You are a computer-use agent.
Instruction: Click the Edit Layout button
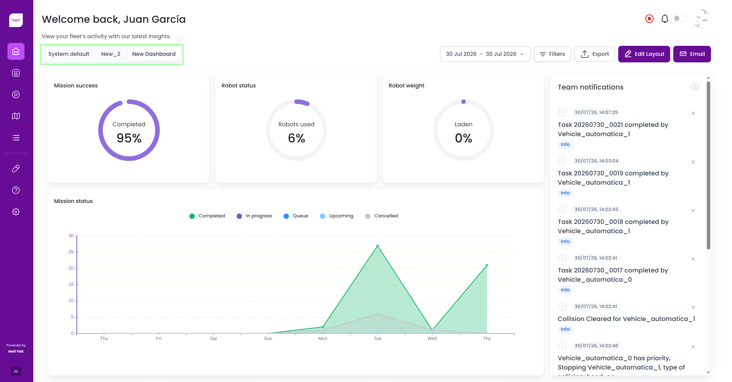tap(644, 54)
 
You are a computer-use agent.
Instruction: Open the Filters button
tap(552, 54)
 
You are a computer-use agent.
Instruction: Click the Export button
tap(595, 54)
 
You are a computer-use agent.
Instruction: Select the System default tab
tap(69, 54)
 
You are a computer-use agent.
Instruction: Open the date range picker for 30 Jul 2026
tap(485, 54)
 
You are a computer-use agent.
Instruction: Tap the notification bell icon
tap(665, 19)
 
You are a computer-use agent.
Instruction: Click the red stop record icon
tap(649, 19)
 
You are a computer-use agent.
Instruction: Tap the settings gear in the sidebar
tap(16, 212)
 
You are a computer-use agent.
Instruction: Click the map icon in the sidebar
tap(16, 116)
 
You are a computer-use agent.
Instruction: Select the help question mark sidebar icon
tap(16, 190)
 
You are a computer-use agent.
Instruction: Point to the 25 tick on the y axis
tap(71, 252)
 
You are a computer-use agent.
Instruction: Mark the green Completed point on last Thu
tap(487, 265)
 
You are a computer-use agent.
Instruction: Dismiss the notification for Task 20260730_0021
tap(693, 113)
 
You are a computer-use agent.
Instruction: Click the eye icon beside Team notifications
tap(695, 87)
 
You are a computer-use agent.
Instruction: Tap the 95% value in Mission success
tap(129, 138)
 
